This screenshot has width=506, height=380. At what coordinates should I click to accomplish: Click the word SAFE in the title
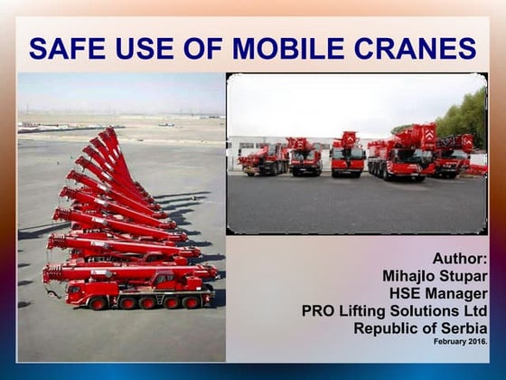pos(66,47)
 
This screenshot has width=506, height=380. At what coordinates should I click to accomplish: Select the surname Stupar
pos(464,276)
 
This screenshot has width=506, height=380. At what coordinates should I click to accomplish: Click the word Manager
pos(457,293)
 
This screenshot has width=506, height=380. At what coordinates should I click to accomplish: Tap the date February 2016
pos(461,342)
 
